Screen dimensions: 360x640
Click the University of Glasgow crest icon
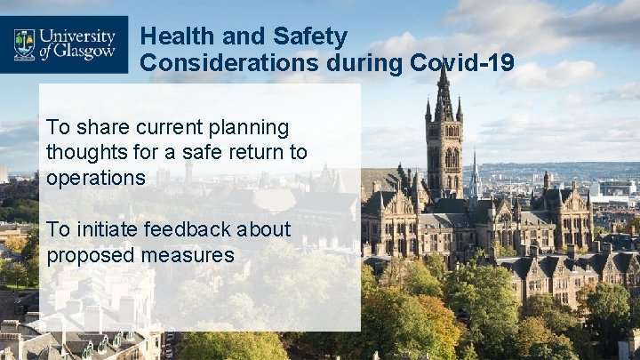pyautogui.click(x=24, y=43)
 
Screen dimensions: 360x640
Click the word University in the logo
pyautogui.click(x=76, y=36)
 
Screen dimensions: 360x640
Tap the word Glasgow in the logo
pyautogui.click(x=85, y=52)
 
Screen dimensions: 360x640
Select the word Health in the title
pyautogui.click(x=179, y=36)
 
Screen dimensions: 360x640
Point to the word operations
pyautogui.click(x=96, y=177)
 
